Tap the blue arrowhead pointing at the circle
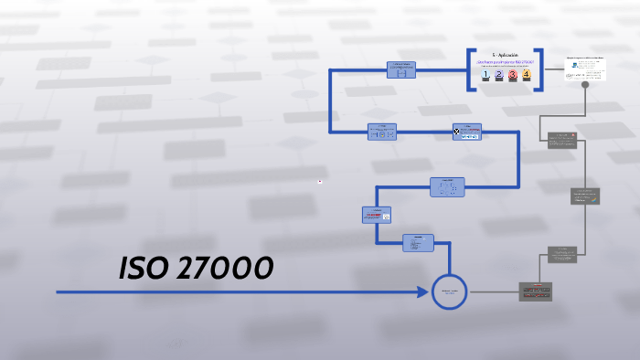pos(422,292)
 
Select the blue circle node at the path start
pos(449,292)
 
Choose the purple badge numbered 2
pos(498,75)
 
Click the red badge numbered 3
pos(513,75)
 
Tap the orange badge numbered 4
pos(527,75)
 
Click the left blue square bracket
pos(470,69)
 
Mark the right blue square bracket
pos(540,69)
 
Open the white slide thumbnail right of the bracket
pos(585,67)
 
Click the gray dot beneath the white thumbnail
pos(585,85)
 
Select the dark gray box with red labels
pos(537,291)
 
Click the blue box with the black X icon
pos(466,132)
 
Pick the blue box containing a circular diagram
pos(447,187)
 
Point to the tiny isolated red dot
pos(320,181)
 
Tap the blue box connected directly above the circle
pos(419,243)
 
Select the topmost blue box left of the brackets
pos(400,69)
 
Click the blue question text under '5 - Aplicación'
pos(505,62)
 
